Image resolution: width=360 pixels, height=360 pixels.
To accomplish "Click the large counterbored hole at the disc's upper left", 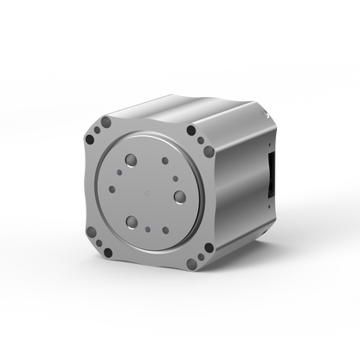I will tap(129, 161).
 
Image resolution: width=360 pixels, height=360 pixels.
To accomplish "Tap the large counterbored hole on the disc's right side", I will tap(180, 196).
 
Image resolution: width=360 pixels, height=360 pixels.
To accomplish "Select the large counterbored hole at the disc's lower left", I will tap(132, 222).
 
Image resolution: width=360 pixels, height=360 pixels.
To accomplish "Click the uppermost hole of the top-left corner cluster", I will tap(106, 123).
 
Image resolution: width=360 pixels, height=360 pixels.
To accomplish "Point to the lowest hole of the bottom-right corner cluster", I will tap(192, 263).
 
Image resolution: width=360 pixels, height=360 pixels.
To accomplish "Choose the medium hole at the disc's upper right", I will tap(165, 160).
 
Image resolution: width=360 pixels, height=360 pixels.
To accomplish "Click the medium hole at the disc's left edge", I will tap(112, 190).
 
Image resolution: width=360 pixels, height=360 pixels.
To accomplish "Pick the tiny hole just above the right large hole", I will tap(177, 179).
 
